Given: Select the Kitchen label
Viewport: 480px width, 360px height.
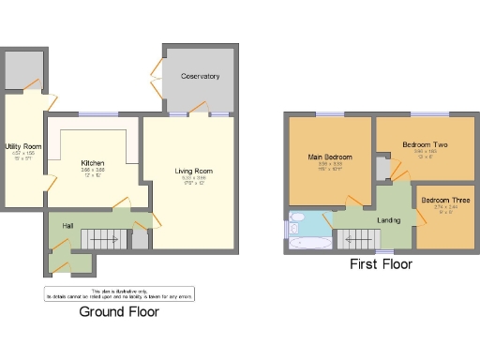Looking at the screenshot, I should (92, 164).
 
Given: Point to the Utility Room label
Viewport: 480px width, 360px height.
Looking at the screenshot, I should (22, 147).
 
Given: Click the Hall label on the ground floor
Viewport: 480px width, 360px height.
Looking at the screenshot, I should (67, 226).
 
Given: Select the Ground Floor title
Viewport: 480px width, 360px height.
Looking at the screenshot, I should (118, 311).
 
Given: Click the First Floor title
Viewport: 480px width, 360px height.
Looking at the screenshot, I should (381, 264).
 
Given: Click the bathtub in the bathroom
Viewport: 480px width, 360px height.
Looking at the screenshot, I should (307, 243).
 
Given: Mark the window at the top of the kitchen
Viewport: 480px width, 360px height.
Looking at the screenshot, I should (92, 114).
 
